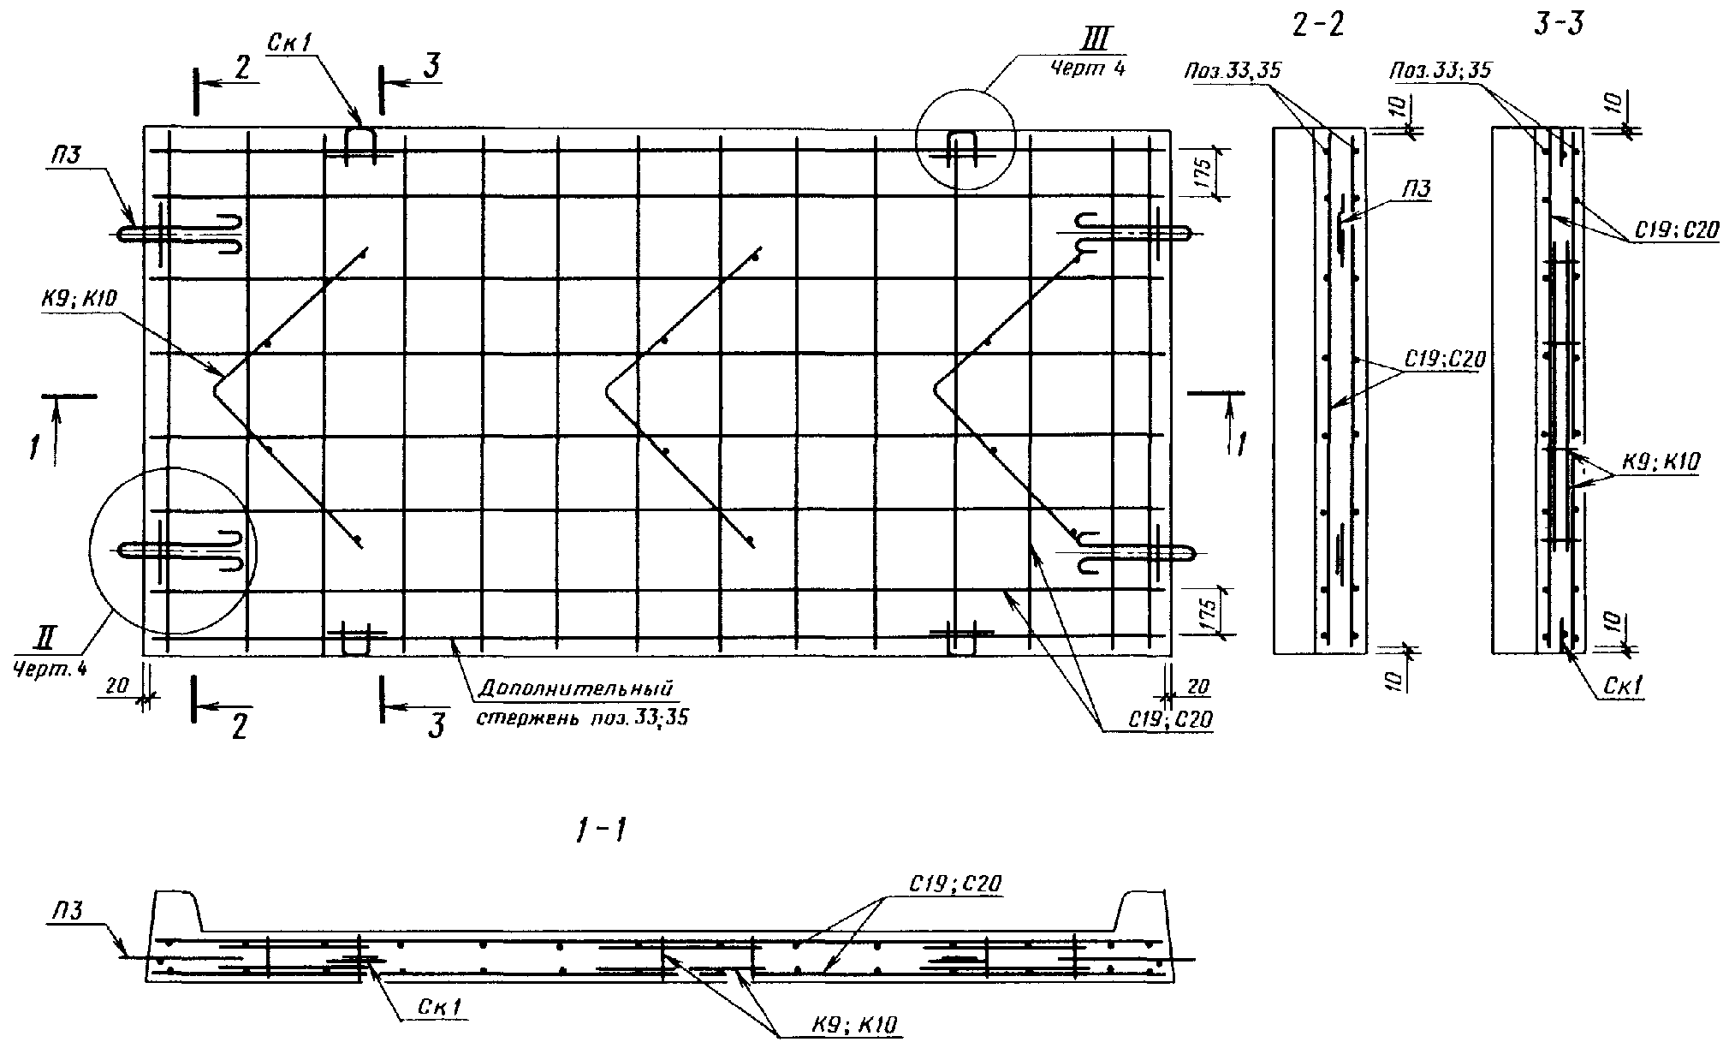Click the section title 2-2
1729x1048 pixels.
point(1319,25)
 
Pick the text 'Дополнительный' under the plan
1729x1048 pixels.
point(576,688)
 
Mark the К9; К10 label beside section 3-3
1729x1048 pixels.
point(1655,462)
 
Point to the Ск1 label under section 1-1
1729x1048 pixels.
point(441,1008)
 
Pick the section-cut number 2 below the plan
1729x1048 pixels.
point(239,727)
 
